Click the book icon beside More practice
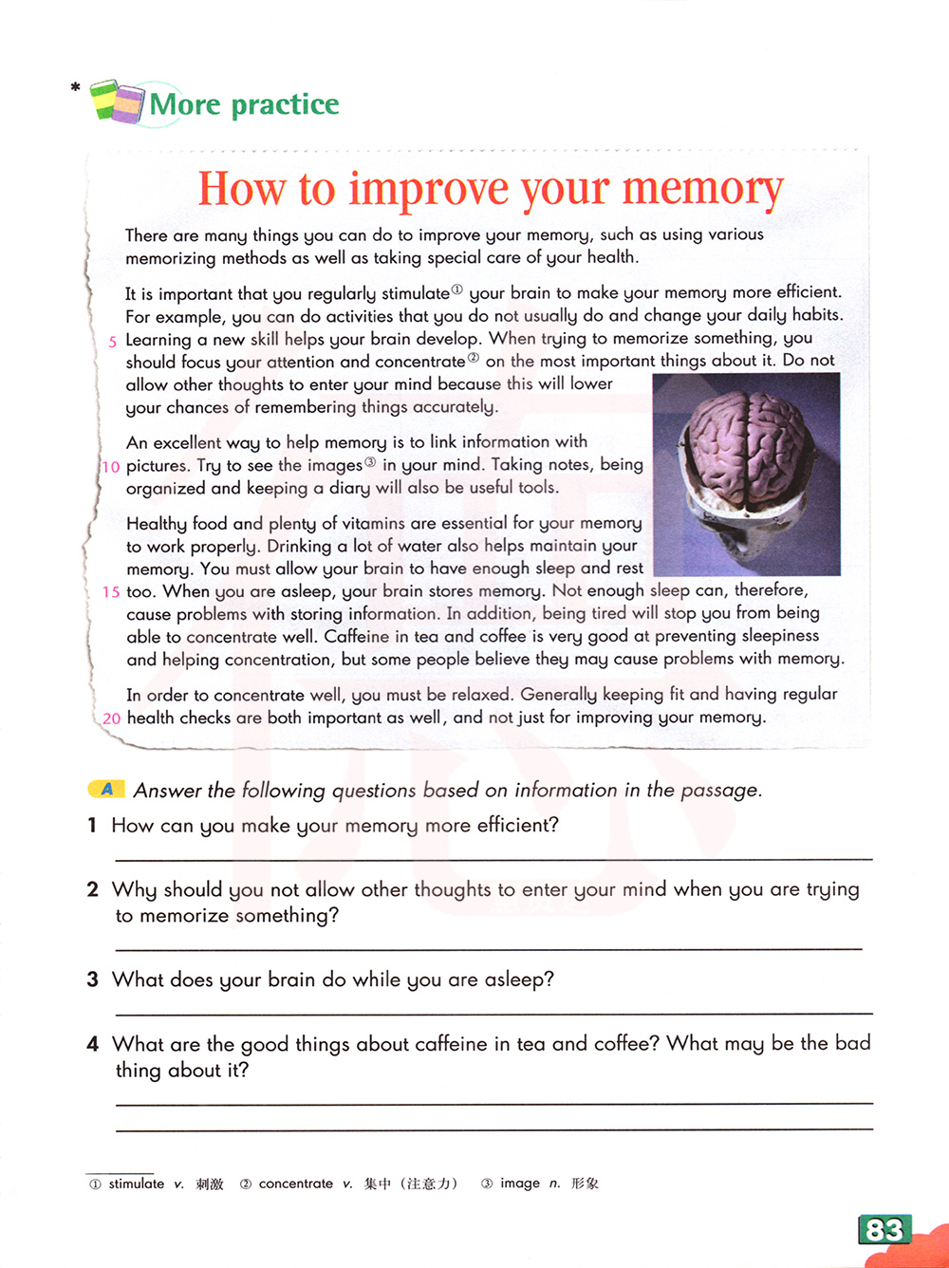tap(118, 101)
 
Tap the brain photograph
tap(747, 475)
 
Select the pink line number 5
tap(113, 342)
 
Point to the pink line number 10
tap(111, 467)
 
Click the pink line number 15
tap(111, 592)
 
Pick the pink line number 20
tap(111, 718)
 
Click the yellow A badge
tap(106, 789)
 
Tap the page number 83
tap(884, 1230)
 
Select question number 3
tap(92, 979)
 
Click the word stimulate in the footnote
tap(137, 1184)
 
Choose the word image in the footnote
tap(520, 1184)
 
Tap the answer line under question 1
tap(493, 858)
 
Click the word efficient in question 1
tap(517, 825)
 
